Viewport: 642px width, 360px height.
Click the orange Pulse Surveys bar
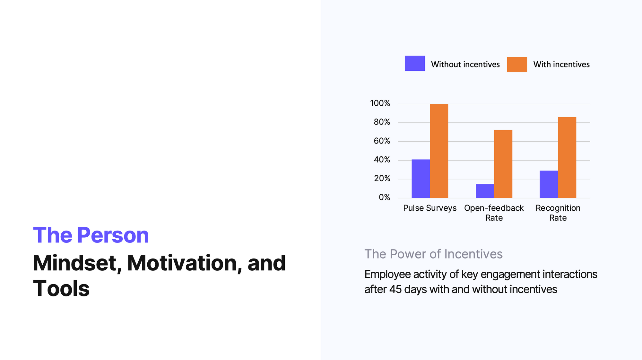(439, 151)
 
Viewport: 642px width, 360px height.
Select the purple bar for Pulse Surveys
(421, 179)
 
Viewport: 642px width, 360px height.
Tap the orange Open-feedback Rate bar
(503, 164)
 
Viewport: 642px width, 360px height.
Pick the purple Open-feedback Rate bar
(485, 191)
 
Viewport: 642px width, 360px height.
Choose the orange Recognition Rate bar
(567, 157)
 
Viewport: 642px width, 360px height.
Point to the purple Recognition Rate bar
(549, 184)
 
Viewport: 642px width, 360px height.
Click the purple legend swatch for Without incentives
(415, 63)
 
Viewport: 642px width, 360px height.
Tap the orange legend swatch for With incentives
(517, 64)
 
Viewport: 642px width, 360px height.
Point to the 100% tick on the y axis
(380, 103)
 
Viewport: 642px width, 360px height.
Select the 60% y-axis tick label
(382, 141)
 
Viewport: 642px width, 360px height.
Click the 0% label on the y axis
(385, 197)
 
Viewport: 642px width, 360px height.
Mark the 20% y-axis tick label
(382, 179)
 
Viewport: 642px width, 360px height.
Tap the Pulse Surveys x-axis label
(430, 208)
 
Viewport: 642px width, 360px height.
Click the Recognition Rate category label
(558, 213)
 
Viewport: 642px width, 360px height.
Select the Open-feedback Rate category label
(494, 213)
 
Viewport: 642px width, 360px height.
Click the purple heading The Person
(91, 235)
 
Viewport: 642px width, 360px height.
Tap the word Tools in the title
(61, 288)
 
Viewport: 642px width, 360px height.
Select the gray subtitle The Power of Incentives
(433, 254)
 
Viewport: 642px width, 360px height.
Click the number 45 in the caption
(396, 289)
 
